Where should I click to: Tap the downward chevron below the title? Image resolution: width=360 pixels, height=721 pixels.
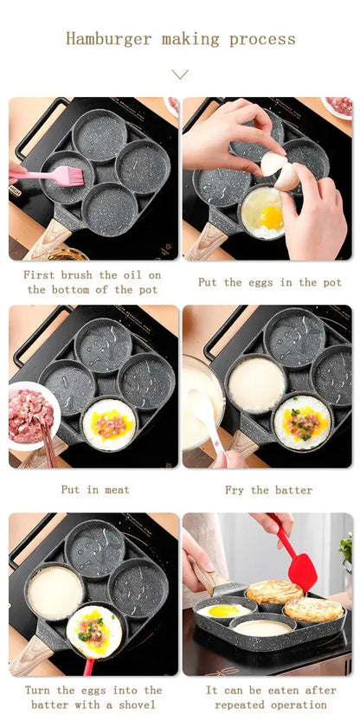[x=180, y=75]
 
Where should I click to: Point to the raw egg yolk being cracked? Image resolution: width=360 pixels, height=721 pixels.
[x=271, y=218]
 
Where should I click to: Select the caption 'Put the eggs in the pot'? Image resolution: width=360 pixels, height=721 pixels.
[x=269, y=282]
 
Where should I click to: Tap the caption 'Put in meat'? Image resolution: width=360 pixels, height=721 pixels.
[x=94, y=490]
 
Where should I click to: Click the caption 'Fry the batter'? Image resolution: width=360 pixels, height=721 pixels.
[x=269, y=490]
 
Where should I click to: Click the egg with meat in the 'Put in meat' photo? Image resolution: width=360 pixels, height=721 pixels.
[x=109, y=423]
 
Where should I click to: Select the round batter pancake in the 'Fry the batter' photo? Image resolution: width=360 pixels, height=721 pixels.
[x=255, y=384]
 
